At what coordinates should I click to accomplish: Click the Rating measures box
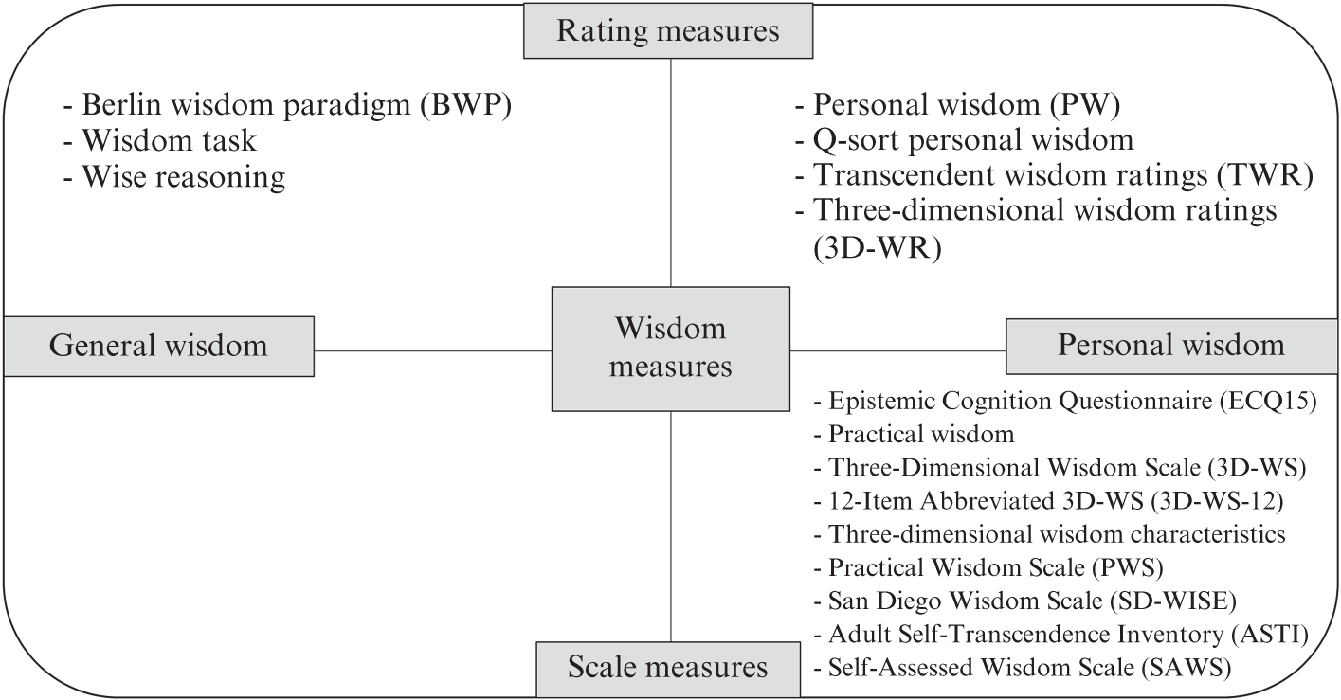(x=668, y=30)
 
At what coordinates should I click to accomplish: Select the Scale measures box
(x=668, y=669)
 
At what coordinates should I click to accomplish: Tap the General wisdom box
(x=159, y=347)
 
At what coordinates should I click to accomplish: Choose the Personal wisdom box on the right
(x=1171, y=347)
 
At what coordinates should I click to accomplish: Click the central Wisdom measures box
(x=671, y=349)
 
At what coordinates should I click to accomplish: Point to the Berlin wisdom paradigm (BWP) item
(x=287, y=105)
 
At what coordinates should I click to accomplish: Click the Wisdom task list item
(x=160, y=141)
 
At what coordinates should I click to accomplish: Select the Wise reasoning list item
(x=174, y=177)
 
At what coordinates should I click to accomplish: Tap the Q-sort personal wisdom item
(x=965, y=140)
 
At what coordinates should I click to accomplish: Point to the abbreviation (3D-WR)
(x=877, y=247)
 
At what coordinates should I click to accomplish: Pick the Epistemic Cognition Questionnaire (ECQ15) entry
(x=1065, y=401)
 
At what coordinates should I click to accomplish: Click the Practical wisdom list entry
(x=915, y=435)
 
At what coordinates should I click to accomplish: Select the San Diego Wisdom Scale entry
(x=1024, y=601)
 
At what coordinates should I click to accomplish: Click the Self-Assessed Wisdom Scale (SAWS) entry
(x=1023, y=668)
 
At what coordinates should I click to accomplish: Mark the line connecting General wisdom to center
(x=433, y=350)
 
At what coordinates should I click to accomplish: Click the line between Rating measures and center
(x=671, y=173)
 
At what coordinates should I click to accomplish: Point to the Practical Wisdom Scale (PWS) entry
(x=988, y=567)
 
